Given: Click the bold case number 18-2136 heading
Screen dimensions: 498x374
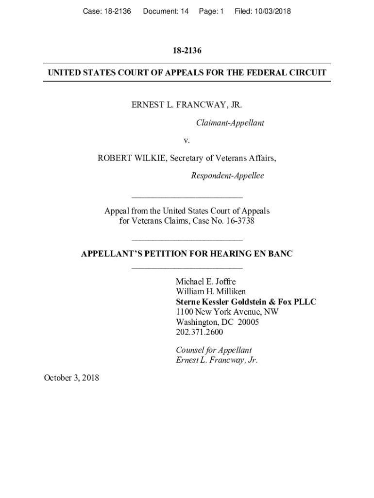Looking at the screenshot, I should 187,51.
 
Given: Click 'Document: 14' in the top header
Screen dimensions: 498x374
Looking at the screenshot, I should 166,11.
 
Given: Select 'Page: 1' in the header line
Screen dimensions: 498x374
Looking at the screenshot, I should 211,11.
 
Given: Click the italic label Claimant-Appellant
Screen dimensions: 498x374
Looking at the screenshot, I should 230,123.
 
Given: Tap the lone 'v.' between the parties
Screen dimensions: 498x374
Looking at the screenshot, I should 187,141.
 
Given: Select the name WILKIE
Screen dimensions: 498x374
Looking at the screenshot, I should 147,158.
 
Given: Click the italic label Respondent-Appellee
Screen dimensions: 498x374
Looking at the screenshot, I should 227,176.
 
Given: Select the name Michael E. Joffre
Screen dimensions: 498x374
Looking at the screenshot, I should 205,282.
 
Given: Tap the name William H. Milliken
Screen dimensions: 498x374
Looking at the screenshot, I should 211,292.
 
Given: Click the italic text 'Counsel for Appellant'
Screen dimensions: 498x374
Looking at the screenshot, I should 214,350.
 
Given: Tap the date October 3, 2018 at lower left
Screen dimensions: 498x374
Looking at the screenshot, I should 71,377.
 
